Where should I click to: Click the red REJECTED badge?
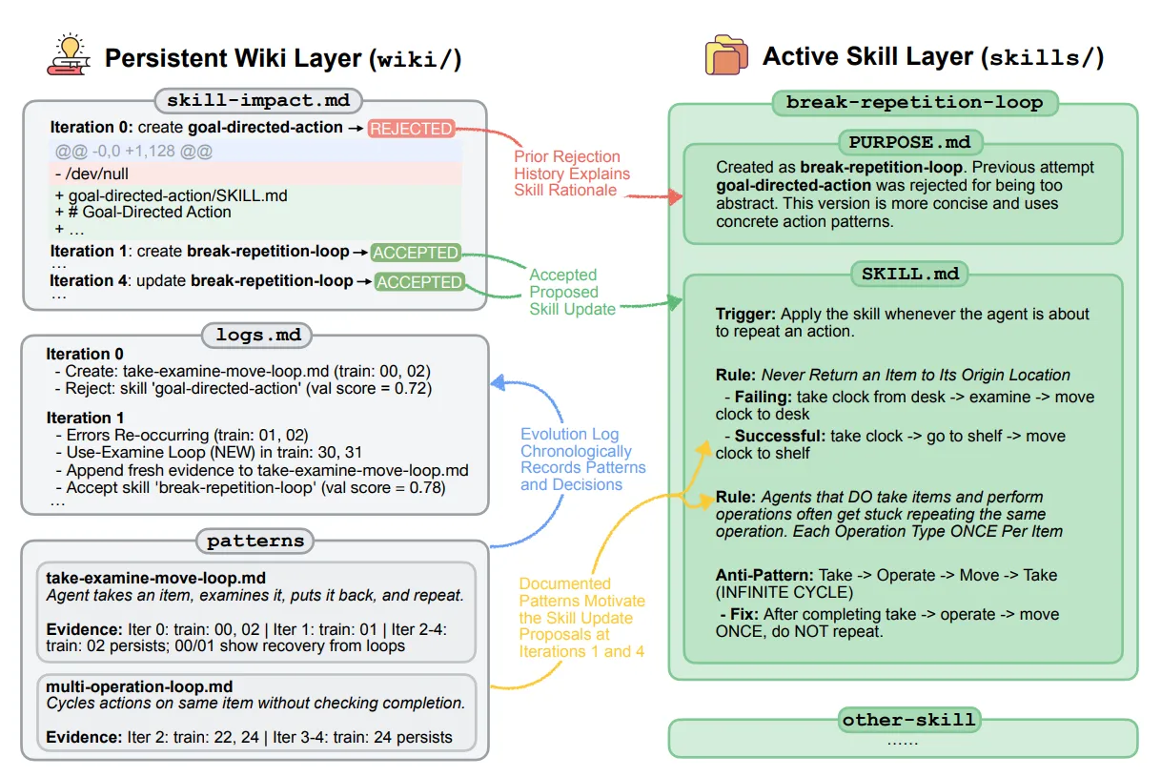point(411,129)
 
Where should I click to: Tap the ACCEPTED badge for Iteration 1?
point(416,253)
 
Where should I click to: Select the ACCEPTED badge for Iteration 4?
point(418,282)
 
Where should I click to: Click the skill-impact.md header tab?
point(258,100)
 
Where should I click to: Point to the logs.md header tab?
point(257,335)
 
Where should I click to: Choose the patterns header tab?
point(255,542)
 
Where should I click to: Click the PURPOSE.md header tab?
point(910,142)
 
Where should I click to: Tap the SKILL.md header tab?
point(910,274)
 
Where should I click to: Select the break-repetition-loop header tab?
point(915,103)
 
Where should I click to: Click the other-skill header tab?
point(909,720)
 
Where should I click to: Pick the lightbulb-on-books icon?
point(69,55)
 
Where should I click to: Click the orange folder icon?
point(726,55)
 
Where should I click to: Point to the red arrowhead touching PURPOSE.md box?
point(675,196)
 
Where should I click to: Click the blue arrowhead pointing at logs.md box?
point(499,383)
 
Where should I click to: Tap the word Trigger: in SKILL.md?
point(745,314)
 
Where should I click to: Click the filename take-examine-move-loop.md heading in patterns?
point(156,578)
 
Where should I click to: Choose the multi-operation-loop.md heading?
point(139,686)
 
